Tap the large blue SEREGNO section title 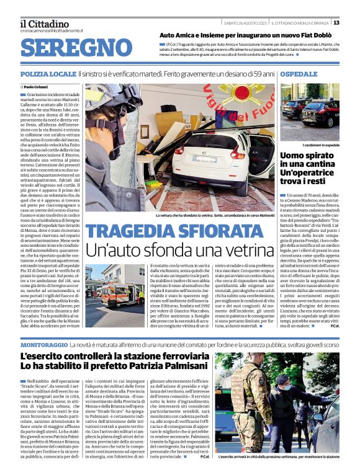(76, 48)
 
